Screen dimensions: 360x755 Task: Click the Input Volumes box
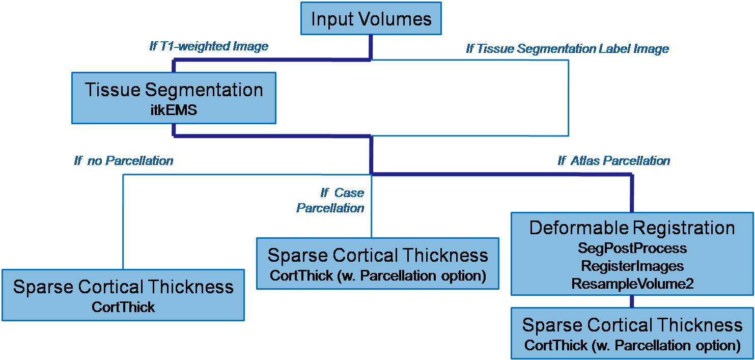click(x=371, y=19)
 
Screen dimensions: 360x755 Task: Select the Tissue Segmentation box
click(x=174, y=98)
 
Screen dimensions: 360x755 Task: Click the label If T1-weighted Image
click(x=209, y=46)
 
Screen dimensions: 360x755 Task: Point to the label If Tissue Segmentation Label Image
click(x=567, y=49)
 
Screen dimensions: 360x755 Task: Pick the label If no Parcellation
click(x=124, y=161)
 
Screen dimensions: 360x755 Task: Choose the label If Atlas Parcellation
click(x=613, y=161)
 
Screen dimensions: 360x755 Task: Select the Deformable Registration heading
click(x=632, y=228)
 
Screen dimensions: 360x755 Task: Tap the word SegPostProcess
click(x=632, y=248)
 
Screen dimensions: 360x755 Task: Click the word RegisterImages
click(x=632, y=266)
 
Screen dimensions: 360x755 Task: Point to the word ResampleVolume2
click(x=632, y=284)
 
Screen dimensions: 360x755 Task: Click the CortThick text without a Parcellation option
click(x=123, y=307)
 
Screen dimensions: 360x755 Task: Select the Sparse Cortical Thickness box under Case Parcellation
click(x=377, y=263)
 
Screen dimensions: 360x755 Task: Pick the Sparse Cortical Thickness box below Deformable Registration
click(x=632, y=333)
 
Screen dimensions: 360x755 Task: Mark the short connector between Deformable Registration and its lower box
click(x=632, y=301)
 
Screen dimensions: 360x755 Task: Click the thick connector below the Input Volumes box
click(x=371, y=47)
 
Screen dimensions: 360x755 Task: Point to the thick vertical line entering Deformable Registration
click(x=632, y=193)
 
